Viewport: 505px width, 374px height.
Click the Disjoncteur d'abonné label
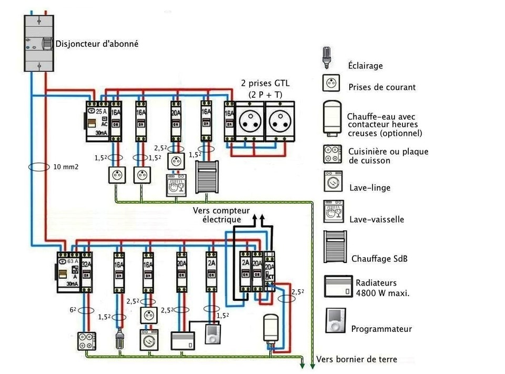pyautogui.click(x=97, y=44)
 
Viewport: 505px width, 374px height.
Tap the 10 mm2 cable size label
pyautogui.click(x=67, y=167)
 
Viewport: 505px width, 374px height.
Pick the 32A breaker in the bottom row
pyautogui.click(x=87, y=271)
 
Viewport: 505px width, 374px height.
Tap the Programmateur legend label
pyautogui.click(x=381, y=329)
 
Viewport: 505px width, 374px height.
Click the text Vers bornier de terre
pyautogui.click(x=357, y=360)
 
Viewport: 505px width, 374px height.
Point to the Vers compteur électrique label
pyautogui.click(x=221, y=215)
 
